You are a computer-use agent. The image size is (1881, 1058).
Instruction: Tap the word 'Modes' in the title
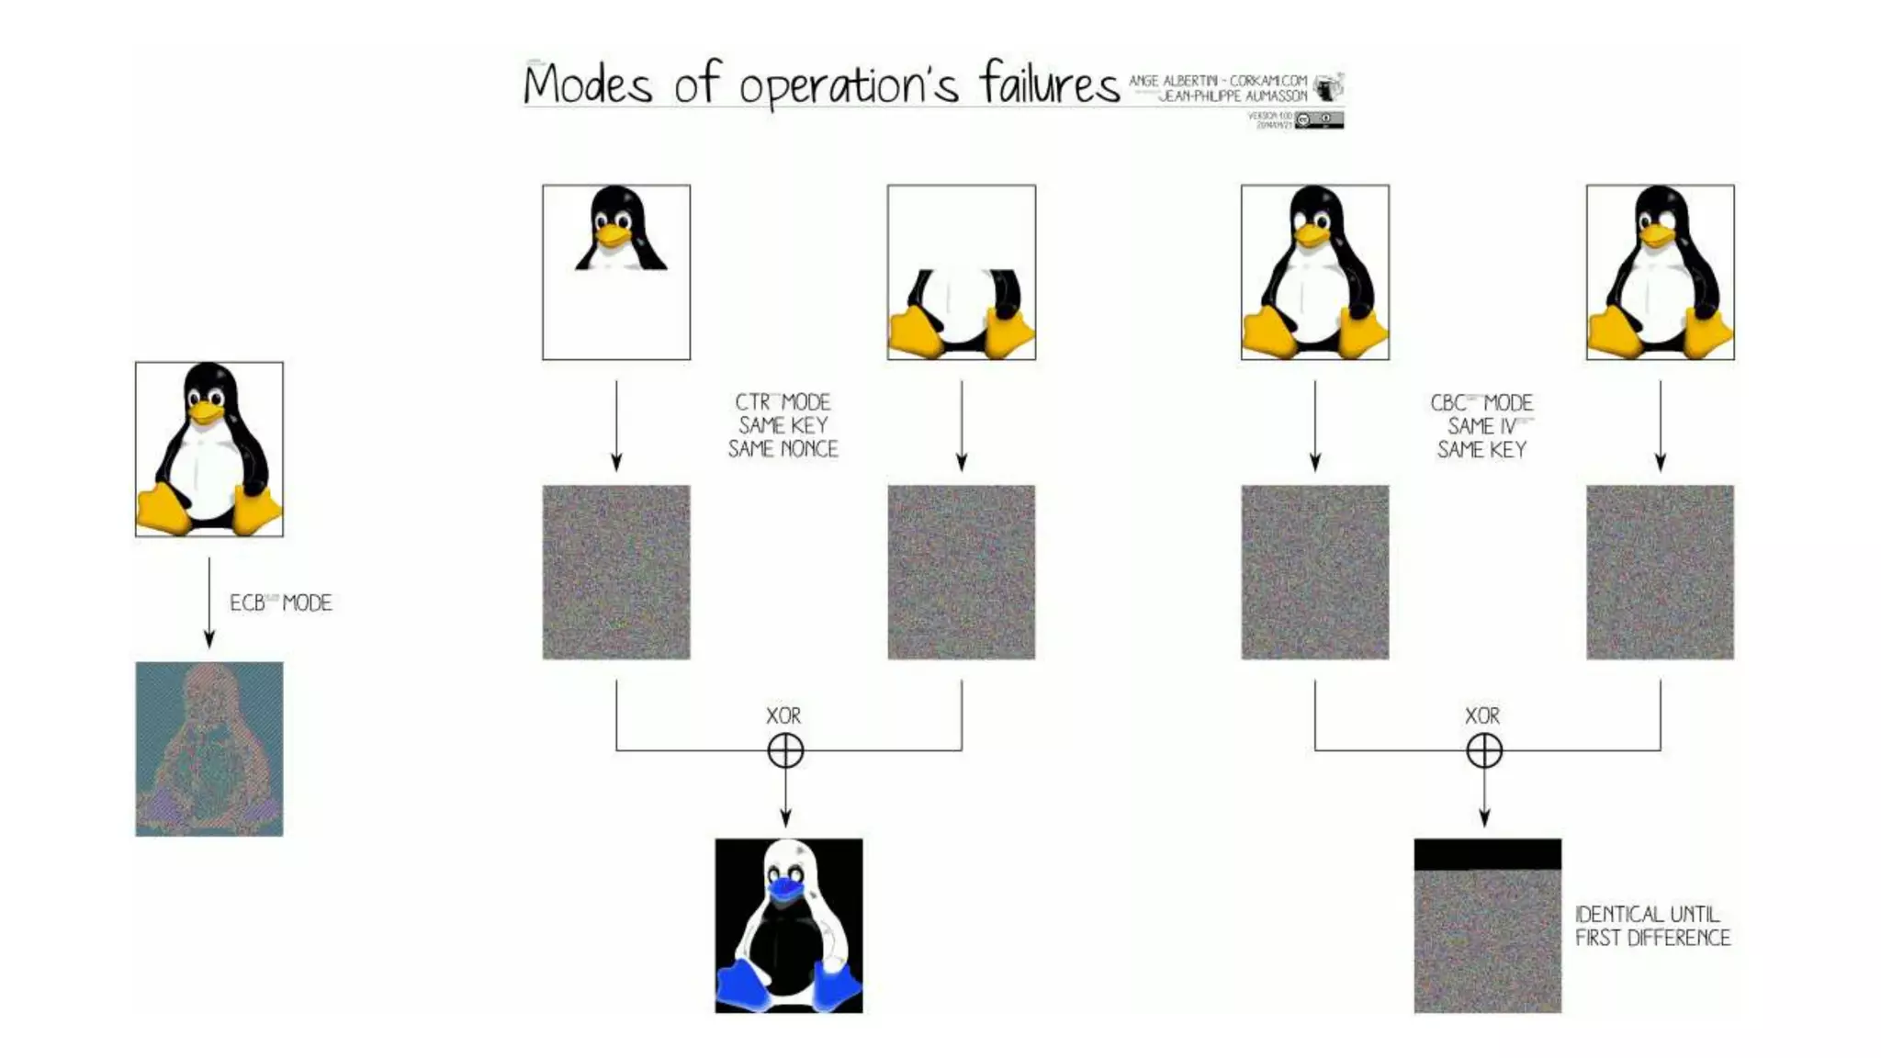tap(588, 85)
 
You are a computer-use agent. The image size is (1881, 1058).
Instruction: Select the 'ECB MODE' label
tap(280, 603)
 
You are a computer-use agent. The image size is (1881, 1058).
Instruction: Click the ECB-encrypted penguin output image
tap(209, 748)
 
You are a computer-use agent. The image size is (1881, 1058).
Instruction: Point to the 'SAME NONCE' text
tap(783, 449)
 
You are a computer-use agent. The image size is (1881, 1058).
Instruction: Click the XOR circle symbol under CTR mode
tap(785, 750)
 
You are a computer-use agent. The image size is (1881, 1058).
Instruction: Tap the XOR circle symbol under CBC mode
tap(1484, 750)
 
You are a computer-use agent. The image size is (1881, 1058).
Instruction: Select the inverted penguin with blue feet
tap(789, 925)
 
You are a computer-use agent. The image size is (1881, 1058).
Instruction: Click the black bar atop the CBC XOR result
tap(1487, 854)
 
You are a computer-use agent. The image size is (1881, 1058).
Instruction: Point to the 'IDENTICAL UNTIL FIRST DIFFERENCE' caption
tap(1651, 926)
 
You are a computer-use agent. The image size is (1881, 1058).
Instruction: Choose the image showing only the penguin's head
tap(616, 272)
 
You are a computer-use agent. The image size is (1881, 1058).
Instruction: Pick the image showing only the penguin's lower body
tap(962, 272)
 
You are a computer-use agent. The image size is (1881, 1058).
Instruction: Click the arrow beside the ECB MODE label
tap(209, 602)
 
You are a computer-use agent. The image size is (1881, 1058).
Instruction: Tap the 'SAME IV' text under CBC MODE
tap(1481, 426)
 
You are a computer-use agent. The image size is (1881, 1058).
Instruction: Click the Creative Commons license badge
tap(1319, 119)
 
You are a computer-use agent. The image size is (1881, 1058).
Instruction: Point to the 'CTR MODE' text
tap(783, 402)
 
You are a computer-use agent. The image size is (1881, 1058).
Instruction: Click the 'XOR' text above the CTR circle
tap(783, 715)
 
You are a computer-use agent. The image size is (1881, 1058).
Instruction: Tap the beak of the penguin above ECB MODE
tap(207, 413)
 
